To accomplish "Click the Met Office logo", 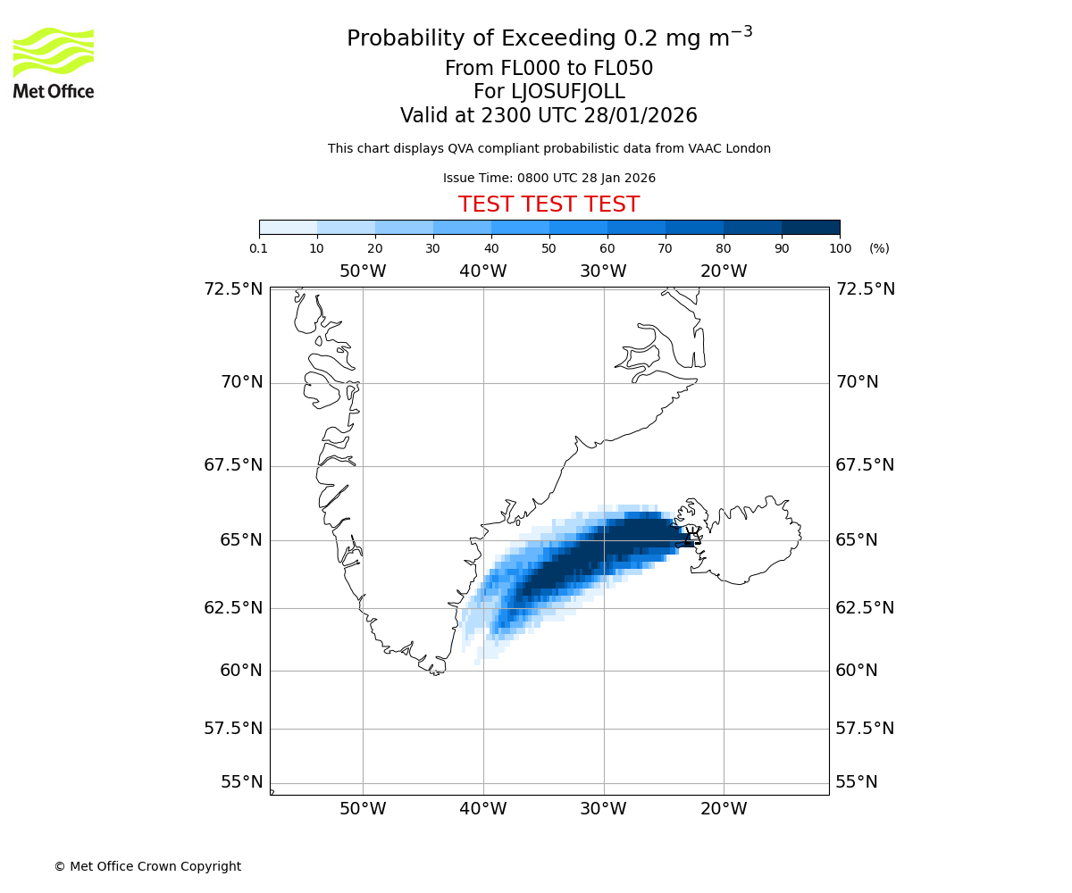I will pyautogui.click(x=54, y=63).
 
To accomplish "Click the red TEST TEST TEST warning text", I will pyautogui.click(x=549, y=205).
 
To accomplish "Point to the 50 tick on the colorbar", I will pyautogui.click(x=549, y=248).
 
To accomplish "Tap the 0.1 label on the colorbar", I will pyautogui.click(x=259, y=248).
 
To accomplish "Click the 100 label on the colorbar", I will pyautogui.click(x=840, y=248).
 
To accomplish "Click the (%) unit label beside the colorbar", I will pyautogui.click(x=879, y=248).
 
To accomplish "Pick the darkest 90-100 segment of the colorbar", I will pyautogui.click(x=810, y=227).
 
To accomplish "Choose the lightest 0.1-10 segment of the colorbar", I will pyautogui.click(x=289, y=227).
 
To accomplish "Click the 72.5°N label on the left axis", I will pyautogui.click(x=233, y=289).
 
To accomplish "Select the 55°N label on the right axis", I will pyautogui.click(x=857, y=782).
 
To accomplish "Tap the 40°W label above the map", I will pyautogui.click(x=483, y=271).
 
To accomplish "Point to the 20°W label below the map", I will pyautogui.click(x=724, y=810).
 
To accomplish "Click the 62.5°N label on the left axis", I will pyautogui.click(x=233, y=608).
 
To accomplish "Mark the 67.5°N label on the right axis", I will pyautogui.click(x=865, y=465).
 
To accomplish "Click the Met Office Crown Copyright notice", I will pyautogui.click(x=147, y=867).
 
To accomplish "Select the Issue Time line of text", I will pyautogui.click(x=549, y=179).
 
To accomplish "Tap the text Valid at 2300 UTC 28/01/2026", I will pyautogui.click(x=549, y=116).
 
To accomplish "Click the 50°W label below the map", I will pyautogui.click(x=363, y=810).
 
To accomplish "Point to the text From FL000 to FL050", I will pyautogui.click(x=549, y=69).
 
